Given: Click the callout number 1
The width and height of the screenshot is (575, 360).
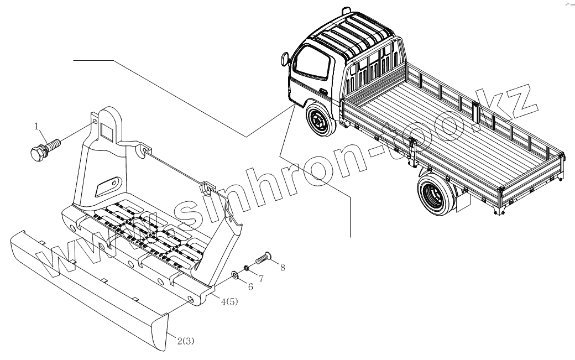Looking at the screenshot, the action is click(38, 127).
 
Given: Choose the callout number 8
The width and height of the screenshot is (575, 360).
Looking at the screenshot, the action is click(283, 268).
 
